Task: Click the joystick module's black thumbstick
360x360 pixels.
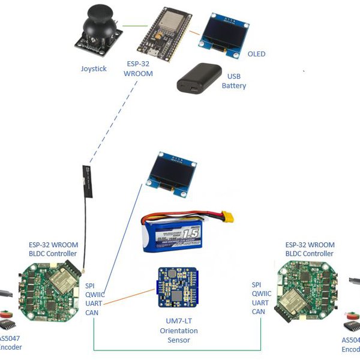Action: [x=97, y=23]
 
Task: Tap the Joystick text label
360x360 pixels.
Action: [x=94, y=69]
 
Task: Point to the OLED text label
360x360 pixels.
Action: [x=256, y=54]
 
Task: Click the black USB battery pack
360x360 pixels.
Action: [x=198, y=77]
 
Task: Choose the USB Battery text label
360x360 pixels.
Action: [x=234, y=80]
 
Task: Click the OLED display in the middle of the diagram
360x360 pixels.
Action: [x=172, y=173]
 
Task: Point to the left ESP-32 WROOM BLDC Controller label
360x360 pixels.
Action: [x=53, y=249]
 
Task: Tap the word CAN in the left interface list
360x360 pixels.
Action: [x=92, y=313]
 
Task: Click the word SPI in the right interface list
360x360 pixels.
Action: [x=257, y=284]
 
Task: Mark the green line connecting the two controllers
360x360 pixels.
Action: [x=177, y=349]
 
